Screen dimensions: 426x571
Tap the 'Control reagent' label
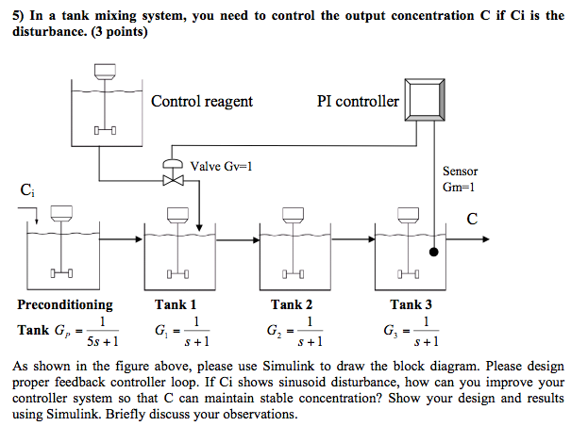pyautogui.click(x=202, y=101)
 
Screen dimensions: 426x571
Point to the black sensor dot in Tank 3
pyautogui.click(x=433, y=253)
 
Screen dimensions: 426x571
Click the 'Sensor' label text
pyautogui.click(x=460, y=171)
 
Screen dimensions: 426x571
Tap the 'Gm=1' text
pyautogui.click(x=460, y=187)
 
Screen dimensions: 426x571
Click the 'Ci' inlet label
pyautogui.click(x=27, y=191)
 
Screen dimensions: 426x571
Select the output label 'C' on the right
pyautogui.click(x=472, y=219)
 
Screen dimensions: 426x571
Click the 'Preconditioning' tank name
pyautogui.click(x=64, y=304)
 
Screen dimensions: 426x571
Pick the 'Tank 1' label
pyautogui.click(x=176, y=304)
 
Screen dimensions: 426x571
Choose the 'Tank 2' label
pyautogui.click(x=292, y=304)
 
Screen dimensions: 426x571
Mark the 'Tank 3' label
pyautogui.click(x=411, y=304)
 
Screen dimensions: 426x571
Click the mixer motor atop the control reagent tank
pyautogui.click(x=105, y=70)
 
